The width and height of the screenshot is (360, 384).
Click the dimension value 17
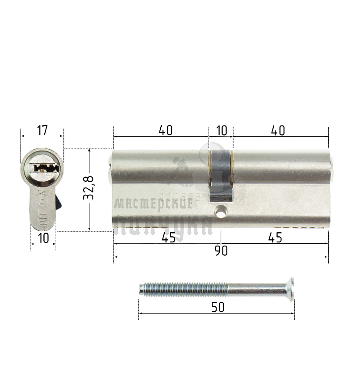click(42, 131)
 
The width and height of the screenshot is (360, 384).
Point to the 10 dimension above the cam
click(222, 131)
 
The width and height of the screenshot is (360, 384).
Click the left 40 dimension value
click(166, 131)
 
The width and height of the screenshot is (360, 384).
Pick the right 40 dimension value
click(278, 131)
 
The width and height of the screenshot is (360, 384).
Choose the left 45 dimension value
click(168, 238)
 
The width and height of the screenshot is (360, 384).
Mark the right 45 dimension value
click(276, 238)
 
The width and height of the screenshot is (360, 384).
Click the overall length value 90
click(222, 251)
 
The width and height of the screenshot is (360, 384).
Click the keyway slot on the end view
click(43, 167)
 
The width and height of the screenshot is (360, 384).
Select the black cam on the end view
click(59, 202)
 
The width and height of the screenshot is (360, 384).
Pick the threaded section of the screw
click(183, 289)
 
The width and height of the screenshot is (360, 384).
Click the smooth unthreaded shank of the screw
click(255, 289)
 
